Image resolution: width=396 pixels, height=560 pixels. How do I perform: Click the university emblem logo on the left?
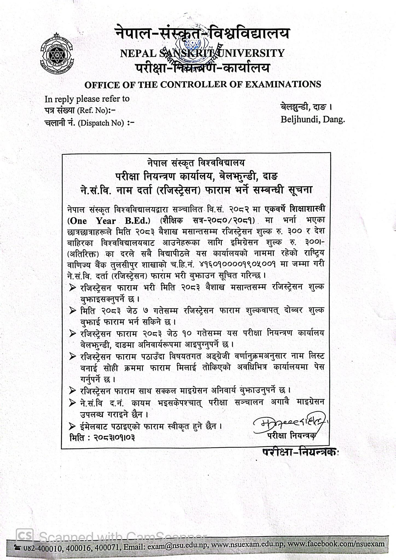(56, 54)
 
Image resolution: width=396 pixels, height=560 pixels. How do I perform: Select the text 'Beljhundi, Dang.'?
(313, 119)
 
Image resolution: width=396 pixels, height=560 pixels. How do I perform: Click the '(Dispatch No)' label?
(101, 123)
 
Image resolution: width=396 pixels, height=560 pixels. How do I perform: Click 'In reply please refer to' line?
(87, 99)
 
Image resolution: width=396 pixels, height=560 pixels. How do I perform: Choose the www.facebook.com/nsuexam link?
(336, 544)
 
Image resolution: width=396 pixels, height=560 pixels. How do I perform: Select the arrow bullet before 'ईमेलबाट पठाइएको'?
(72, 426)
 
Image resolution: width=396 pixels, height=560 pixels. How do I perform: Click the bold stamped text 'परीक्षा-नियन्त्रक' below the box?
(300, 452)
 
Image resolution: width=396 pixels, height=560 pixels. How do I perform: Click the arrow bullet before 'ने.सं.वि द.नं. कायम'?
(72, 402)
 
